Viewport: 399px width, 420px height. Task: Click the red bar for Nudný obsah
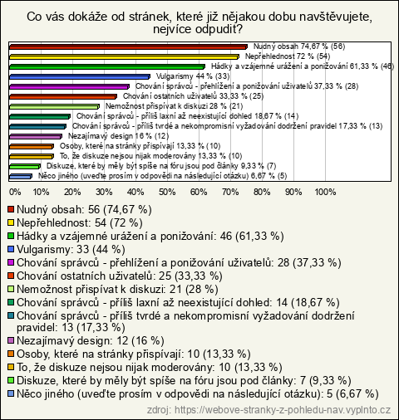pyautogui.click(x=128, y=46)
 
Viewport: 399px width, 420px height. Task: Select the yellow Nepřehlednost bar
pyautogui.click(x=124, y=56)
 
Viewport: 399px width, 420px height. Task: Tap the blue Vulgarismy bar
pyautogui.click(x=80, y=76)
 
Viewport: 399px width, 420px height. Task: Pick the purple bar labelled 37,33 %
pyautogui.click(x=69, y=86)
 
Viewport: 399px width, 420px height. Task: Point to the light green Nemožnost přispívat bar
pyautogui.click(x=54, y=106)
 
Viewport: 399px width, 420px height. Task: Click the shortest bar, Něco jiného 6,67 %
pyautogui.click(x=21, y=176)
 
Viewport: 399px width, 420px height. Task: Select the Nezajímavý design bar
pyautogui.click(x=36, y=136)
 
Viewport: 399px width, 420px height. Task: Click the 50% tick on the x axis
pyautogui.click(x=167, y=192)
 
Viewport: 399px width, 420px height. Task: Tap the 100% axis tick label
pyautogui.click(x=325, y=192)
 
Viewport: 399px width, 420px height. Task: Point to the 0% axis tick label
pyautogui.click(x=15, y=192)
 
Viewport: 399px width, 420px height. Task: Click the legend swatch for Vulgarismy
pyautogui.click(x=11, y=249)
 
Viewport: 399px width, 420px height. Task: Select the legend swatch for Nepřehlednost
pyautogui.click(x=11, y=222)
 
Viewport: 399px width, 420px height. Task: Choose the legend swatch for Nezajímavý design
pyautogui.click(x=11, y=340)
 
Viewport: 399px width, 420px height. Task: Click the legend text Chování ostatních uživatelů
pyautogui.click(x=85, y=276)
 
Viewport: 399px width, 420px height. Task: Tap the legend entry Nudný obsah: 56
pyautogui.click(x=58, y=209)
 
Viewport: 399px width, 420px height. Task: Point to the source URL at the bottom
pyautogui.click(x=268, y=410)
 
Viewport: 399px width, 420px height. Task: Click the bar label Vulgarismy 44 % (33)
pyautogui.click(x=193, y=76)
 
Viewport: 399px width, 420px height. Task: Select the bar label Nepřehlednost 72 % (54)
pyautogui.click(x=288, y=56)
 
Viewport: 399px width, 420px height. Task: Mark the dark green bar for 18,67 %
pyautogui.click(x=40, y=116)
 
